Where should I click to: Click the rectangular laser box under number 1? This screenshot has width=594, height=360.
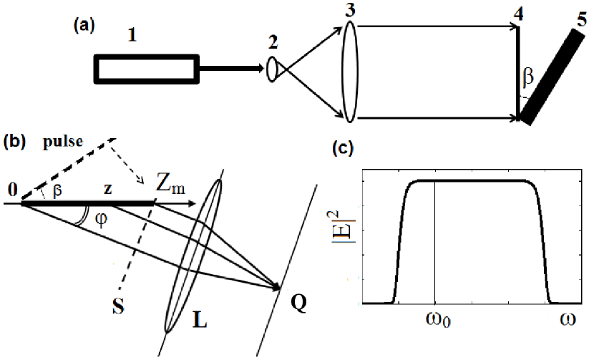146,69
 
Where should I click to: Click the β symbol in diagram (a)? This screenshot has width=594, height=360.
528,74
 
